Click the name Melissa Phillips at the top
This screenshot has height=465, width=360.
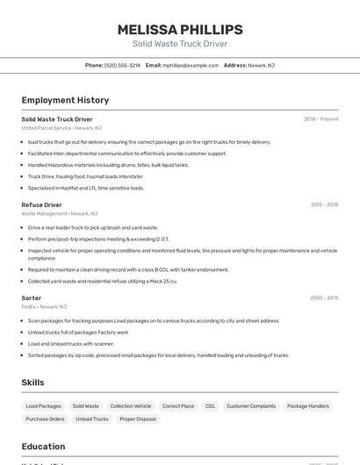[179, 30]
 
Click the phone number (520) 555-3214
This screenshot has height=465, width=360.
[122, 66]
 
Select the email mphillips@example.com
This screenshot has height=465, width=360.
[188, 66]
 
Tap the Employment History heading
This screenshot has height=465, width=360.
[65, 100]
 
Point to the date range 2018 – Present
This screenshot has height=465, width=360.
[320, 119]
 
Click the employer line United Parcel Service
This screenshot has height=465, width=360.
[61, 128]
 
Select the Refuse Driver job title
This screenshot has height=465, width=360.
[41, 204]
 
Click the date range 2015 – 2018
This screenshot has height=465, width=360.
[324, 204]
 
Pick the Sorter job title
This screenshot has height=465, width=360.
[32, 298]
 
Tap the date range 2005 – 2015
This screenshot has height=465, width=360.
[324, 298]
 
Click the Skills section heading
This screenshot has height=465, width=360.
[32, 383]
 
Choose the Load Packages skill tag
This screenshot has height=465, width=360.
[44, 406]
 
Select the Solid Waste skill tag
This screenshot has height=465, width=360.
[85, 406]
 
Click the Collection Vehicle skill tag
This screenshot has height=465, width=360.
[131, 406]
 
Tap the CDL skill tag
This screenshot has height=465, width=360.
[210, 406]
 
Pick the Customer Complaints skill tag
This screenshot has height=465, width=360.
[251, 406]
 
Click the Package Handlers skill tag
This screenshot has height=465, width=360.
[308, 406]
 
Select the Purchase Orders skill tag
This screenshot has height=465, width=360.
[45, 419]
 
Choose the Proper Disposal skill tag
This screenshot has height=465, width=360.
[138, 419]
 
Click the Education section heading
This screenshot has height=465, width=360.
[43, 447]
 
